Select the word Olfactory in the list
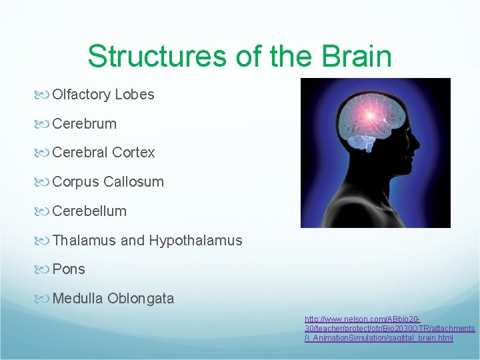81,95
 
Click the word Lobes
135,95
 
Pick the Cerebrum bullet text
84,123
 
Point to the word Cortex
133,153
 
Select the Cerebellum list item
89,211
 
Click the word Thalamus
85,240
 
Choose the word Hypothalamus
196,240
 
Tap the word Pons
69,269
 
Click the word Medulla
77,298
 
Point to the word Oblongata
141,298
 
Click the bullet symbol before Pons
44,269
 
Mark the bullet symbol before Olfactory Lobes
44,95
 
